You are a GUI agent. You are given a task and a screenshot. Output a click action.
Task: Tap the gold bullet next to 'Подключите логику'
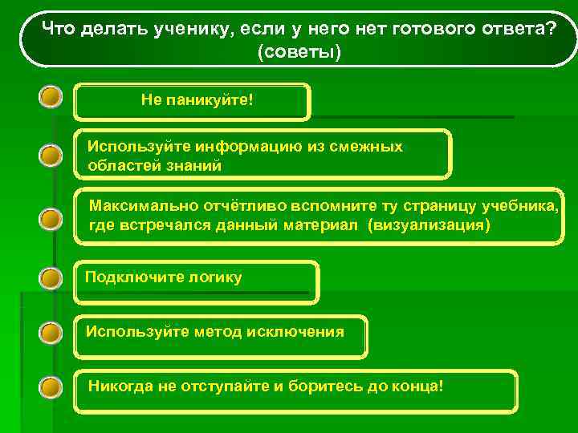(x=51, y=279)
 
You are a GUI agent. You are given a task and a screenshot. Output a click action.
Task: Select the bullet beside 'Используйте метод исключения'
(x=51, y=332)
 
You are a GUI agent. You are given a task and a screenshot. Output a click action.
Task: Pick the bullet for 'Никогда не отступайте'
(x=51, y=387)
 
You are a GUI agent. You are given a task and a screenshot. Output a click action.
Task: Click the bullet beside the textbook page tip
(x=51, y=218)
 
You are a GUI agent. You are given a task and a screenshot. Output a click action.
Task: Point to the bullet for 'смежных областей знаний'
(x=51, y=154)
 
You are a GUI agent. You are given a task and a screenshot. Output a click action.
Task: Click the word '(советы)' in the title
(x=299, y=52)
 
